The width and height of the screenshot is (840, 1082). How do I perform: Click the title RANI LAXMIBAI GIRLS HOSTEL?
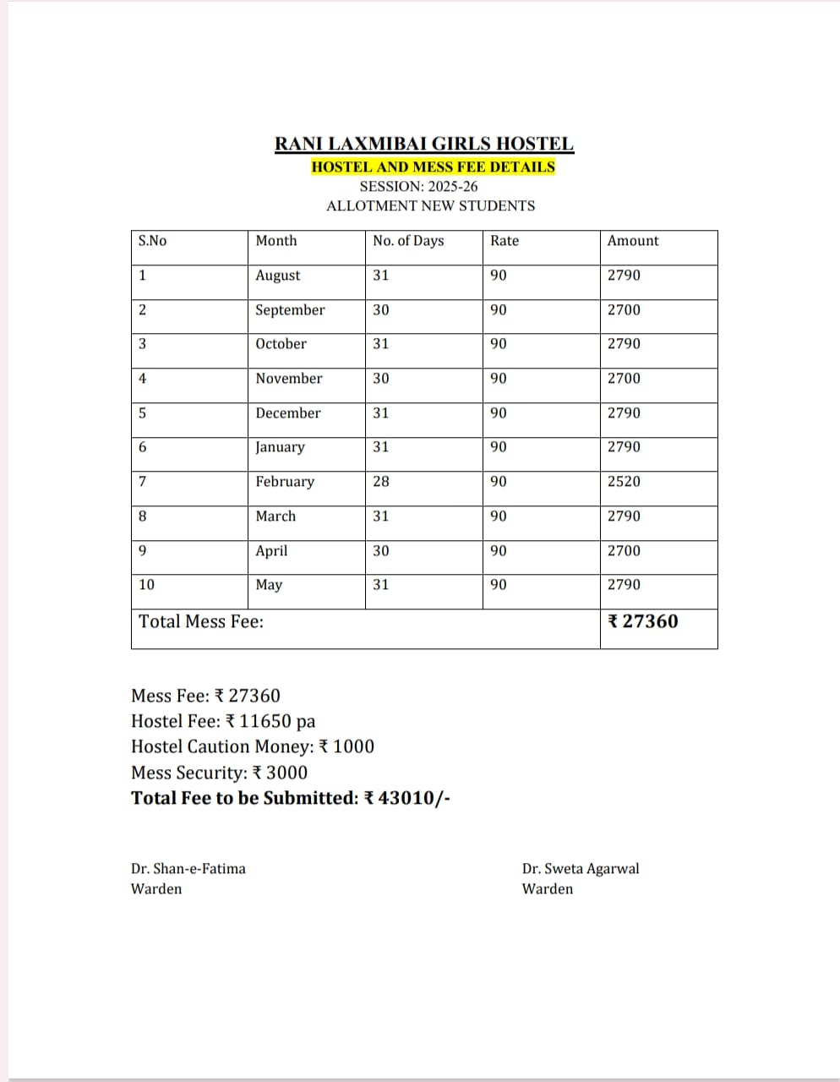click(424, 145)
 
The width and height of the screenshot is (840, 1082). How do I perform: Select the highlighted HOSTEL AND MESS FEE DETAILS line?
click(433, 167)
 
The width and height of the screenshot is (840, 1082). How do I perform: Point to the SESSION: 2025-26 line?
click(418, 186)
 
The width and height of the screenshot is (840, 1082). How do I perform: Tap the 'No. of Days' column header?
click(408, 241)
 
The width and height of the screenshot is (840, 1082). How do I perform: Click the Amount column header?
click(632, 241)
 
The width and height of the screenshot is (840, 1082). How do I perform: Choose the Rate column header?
click(505, 241)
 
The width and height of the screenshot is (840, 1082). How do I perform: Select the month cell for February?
click(285, 482)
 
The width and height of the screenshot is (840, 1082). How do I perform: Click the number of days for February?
click(381, 482)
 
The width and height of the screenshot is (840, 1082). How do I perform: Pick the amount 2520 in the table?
click(624, 482)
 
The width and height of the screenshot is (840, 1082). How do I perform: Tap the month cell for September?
click(290, 310)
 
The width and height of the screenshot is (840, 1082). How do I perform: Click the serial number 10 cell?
click(147, 585)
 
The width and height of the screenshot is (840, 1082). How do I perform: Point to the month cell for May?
click(269, 585)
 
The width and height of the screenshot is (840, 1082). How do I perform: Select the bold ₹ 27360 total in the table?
click(643, 622)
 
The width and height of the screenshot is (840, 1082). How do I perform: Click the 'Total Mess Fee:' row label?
click(201, 622)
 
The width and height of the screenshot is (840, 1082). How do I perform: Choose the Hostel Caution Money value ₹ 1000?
click(346, 747)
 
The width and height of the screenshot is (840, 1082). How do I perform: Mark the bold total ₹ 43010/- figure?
click(406, 799)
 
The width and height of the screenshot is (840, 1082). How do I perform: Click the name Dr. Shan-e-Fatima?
click(188, 869)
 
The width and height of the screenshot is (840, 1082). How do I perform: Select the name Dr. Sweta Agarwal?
click(581, 869)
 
